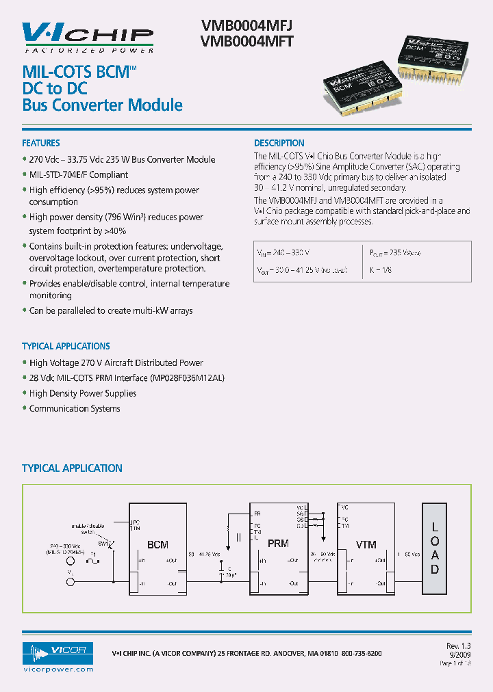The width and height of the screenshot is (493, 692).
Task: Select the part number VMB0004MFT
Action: pos(247,41)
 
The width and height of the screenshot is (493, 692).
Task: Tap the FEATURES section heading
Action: pos(41,143)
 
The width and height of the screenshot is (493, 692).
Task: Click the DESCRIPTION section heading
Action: pos(279,143)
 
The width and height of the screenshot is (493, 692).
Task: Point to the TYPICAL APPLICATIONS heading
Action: pos(66,346)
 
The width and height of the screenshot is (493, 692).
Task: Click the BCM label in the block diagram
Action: pos(158,545)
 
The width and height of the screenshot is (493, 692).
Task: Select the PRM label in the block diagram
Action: pos(279,544)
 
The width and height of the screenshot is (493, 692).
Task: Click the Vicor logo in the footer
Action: pos(58,650)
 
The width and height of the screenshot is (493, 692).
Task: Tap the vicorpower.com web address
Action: pos(58,669)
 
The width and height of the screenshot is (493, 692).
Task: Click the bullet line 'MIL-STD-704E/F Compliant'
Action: pos(79,174)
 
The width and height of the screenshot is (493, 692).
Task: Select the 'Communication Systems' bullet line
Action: pos(75,408)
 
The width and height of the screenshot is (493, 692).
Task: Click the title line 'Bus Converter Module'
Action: pos(103,105)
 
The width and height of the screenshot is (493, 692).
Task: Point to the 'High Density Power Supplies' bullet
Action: pos(83,393)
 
